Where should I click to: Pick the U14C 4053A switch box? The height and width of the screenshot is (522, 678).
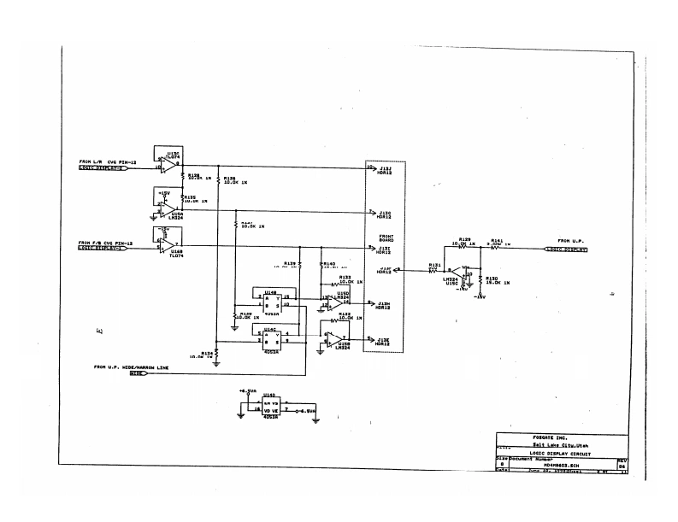coord(271,337)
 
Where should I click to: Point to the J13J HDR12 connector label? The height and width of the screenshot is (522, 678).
coord(385,171)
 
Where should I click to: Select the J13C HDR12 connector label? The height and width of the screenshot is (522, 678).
coord(385,214)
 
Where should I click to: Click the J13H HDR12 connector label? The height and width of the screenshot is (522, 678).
coord(385,306)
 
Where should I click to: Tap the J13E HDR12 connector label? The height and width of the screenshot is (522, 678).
coord(385,342)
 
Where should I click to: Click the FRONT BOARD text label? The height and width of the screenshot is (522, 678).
coord(385,238)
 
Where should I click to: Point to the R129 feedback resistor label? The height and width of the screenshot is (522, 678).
coord(465,240)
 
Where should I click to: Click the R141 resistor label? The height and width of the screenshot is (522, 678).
coord(497,240)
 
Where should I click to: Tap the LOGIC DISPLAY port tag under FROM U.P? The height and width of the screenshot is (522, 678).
coord(566,249)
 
